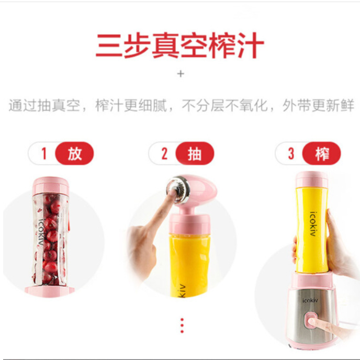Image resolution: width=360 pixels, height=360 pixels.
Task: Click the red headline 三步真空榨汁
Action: click(x=180, y=45)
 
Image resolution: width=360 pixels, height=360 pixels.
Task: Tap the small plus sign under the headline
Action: click(x=181, y=74)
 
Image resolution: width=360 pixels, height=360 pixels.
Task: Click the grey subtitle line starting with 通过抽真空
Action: click(x=181, y=105)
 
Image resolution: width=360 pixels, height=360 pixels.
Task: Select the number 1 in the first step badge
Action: click(x=44, y=153)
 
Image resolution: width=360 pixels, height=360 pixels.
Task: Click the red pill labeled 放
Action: click(x=75, y=153)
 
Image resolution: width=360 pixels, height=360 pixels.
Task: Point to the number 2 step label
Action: click(x=164, y=153)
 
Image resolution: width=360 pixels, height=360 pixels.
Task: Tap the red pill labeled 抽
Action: click(x=195, y=153)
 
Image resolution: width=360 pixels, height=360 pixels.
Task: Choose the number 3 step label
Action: click(x=291, y=153)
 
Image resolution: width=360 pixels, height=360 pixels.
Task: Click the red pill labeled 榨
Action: click(x=321, y=153)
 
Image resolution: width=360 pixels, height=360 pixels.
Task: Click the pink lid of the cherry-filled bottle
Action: click(x=51, y=185)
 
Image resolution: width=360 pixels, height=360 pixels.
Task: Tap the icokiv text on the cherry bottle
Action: click(x=41, y=232)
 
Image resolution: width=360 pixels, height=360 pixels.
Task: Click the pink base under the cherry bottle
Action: click(x=49, y=291)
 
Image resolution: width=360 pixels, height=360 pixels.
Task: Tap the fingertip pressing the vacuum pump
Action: click(x=171, y=193)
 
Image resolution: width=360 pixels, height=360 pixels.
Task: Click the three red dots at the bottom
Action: click(x=182, y=325)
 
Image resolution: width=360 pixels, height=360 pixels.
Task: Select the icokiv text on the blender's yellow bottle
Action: click(x=313, y=224)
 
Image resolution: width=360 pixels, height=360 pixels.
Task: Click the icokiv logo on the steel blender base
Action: click(x=310, y=300)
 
